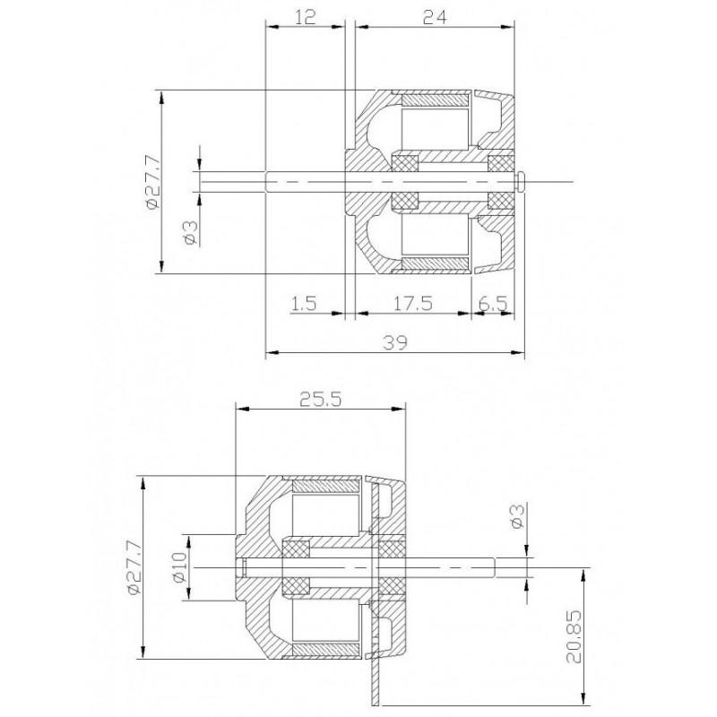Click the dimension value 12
[x=306, y=17]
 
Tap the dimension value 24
[x=435, y=17]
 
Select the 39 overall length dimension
[x=395, y=342]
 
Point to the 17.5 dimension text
[x=413, y=303]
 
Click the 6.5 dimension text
[x=493, y=303]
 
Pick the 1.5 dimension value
[x=303, y=303]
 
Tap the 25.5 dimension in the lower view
[x=321, y=400]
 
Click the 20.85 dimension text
[x=574, y=636]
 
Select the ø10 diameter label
[x=180, y=567]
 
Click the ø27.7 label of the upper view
[x=153, y=182]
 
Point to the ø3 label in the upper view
[x=192, y=233]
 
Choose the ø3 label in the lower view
[x=517, y=516]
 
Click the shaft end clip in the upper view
[x=521, y=182]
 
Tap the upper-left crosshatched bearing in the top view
[x=405, y=163]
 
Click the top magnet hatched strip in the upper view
[x=436, y=99]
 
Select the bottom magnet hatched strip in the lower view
[x=326, y=649]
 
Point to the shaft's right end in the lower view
[x=495, y=567]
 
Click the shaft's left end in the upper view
[x=266, y=182]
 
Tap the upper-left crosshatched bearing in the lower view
[x=296, y=549]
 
